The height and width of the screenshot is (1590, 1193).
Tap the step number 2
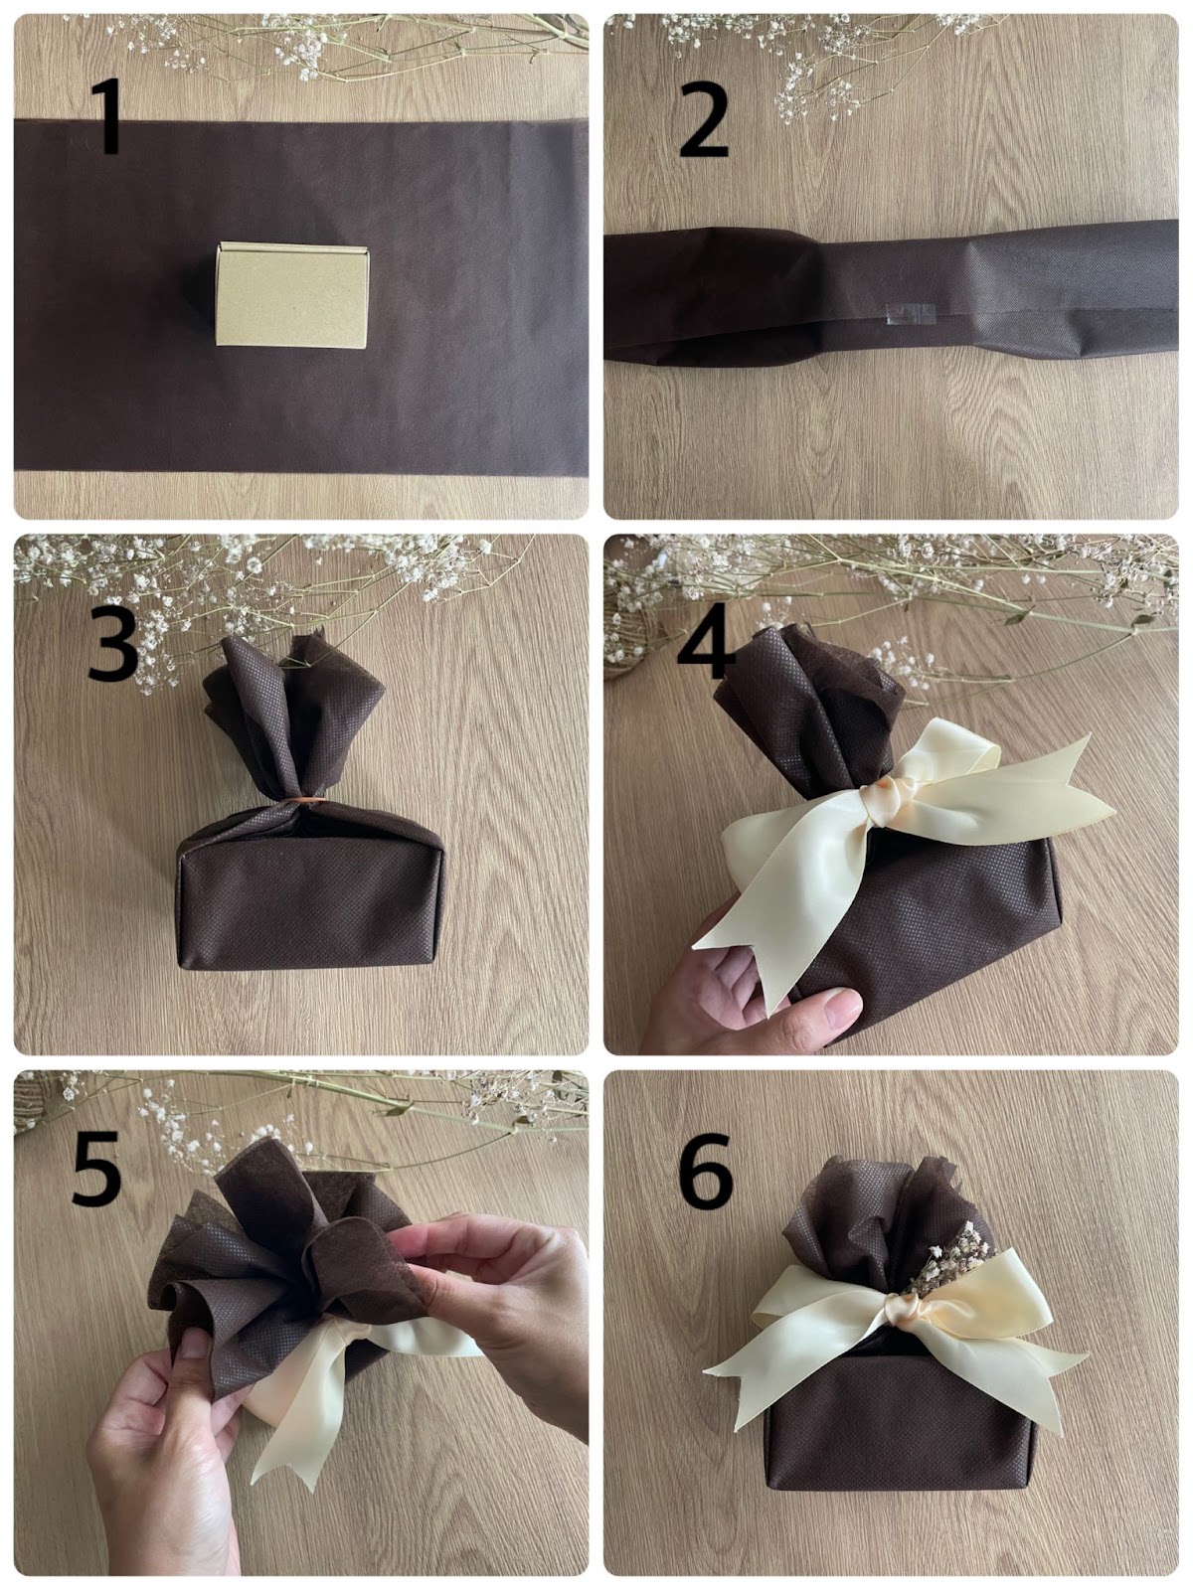tap(703, 119)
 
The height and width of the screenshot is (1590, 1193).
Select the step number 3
tap(112, 643)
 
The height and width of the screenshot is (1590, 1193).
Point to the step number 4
tap(705, 641)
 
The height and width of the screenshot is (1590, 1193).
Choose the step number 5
tap(96, 1168)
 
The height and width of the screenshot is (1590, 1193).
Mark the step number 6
tap(705, 1169)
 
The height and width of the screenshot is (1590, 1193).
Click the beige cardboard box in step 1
tap(292, 295)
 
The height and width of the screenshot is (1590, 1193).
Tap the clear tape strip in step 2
tap(910, 313)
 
